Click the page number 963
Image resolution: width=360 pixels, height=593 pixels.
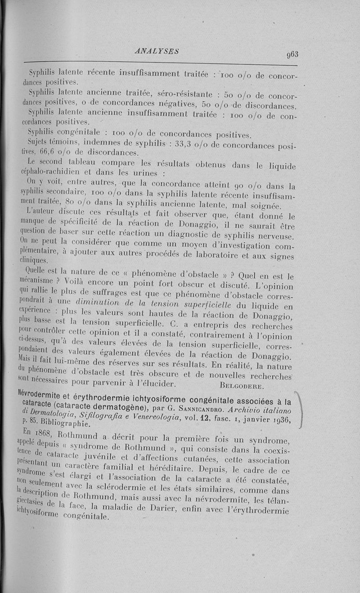click(292, 54)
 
